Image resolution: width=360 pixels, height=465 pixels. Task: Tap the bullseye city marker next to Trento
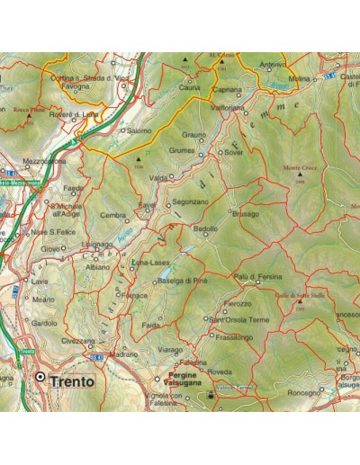pos(40,379)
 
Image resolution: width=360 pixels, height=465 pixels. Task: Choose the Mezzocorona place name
pos(44,162)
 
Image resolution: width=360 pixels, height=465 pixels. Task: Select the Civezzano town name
pos(78,342)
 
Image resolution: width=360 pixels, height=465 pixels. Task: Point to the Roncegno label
pos(303,392)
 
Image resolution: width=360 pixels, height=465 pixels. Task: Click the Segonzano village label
pos(190,202)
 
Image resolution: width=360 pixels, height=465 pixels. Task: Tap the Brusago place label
pos(244,214)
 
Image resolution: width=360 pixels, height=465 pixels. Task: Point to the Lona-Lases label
pos(151,262)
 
